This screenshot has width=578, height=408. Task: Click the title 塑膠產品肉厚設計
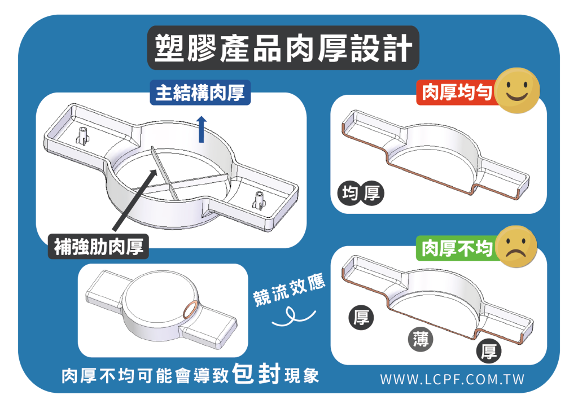click(283, 48)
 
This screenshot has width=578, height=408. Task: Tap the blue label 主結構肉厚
click(200, 93)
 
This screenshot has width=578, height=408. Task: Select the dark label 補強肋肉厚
click(98, 247)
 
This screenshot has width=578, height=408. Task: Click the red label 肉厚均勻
click(457, 92)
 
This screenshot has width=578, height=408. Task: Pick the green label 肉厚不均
click(457, 248)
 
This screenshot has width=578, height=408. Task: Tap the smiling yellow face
click(517, 90)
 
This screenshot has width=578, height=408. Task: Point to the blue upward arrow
click(202, 129)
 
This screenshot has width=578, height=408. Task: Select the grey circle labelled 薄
click(421, 339)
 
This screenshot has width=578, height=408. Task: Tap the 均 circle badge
click(349, 193)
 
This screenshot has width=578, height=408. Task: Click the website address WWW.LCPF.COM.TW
click(452, 380)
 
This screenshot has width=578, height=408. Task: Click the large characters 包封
click(257, 374)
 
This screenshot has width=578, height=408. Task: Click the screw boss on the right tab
click(259, 200)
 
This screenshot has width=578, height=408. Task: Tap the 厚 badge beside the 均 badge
click(371, 193)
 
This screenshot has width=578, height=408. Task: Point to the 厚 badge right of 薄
click(489, 351)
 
